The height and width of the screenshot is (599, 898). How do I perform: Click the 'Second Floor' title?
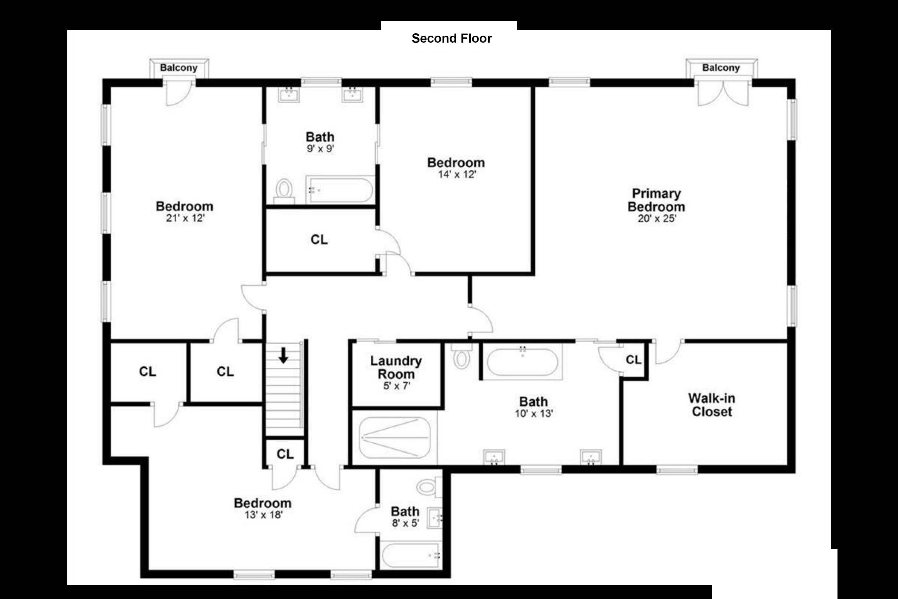(451, 38)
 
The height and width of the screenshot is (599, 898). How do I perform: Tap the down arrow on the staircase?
(283, 355)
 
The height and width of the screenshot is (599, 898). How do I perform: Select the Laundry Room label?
(396, 367)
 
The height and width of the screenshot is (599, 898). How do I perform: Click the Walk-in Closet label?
(712, 405)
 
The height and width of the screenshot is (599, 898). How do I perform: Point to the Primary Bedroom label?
(656, 200)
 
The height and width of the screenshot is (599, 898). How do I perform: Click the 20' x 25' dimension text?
(657, 218)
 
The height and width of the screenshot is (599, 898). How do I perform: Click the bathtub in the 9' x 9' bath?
(339, 190)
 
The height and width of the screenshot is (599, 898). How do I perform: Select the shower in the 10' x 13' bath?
(395, 437)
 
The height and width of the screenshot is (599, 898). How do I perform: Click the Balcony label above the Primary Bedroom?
(721, 68)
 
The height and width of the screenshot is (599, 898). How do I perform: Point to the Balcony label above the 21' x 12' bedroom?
(179, 68)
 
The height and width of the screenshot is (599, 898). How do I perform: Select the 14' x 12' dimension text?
(457, 175)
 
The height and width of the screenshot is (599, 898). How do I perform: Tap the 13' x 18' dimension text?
(263, 515)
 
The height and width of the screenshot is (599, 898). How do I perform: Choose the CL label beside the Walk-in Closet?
(633, 359)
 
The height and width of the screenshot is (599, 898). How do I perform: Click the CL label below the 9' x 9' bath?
(319, 240)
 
